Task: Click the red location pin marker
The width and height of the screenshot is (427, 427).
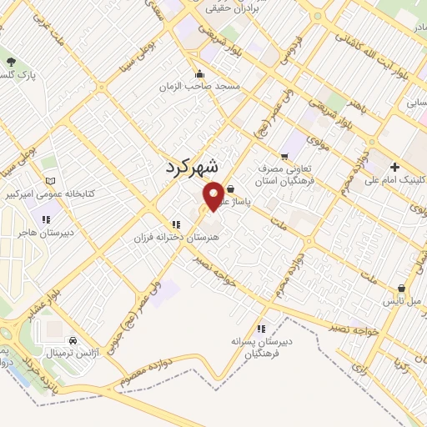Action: (213, 195)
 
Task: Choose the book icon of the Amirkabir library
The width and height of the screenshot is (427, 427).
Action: (51, 181)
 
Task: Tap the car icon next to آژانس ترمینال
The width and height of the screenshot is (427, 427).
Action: (73, 340)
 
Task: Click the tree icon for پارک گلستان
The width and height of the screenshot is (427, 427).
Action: (10, 61)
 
